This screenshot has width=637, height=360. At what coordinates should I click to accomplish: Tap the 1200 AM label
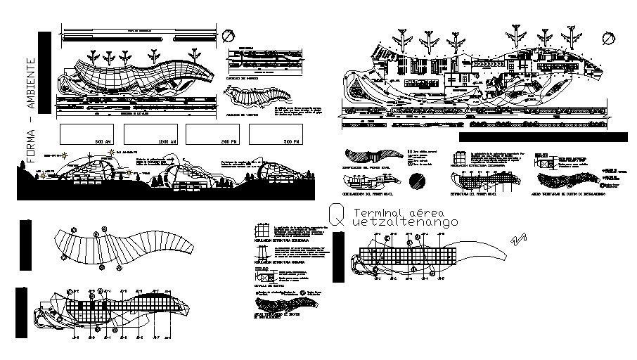click(167, 142)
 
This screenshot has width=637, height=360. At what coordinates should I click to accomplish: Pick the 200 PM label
click(229, 142)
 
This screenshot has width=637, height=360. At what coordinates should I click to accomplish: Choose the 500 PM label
click(290, 142)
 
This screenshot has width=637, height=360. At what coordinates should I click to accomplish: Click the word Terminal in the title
click(379, 212)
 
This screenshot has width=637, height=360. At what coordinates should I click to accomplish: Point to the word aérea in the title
click(433, 212)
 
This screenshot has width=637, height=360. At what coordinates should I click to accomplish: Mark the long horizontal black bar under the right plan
click(542, 137)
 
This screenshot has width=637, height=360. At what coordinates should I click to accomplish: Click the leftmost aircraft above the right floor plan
click(404, 36)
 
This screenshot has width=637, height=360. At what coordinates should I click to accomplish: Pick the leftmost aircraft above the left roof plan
click(93, 56)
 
